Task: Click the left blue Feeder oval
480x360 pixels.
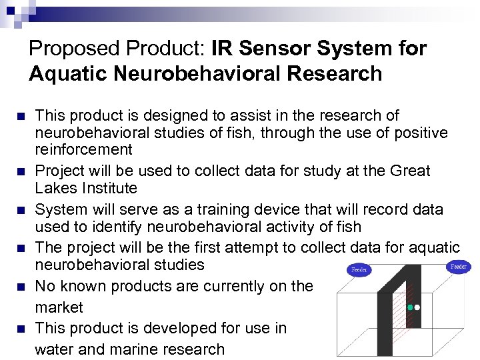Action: tap(359, 270)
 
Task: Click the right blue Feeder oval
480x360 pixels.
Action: tap(458, 267)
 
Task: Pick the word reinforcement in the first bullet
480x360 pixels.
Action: tap(84, 149)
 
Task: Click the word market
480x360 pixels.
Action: tap(59, 307)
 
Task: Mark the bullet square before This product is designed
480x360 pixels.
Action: tap(21, 117)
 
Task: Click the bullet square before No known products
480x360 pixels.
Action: tap(21, 287)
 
